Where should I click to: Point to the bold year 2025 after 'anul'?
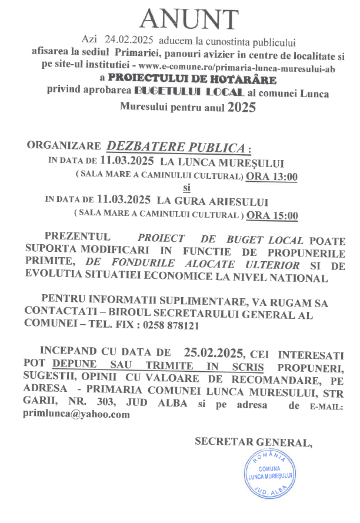click(242, 107)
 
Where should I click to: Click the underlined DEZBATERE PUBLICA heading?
click(178, 147)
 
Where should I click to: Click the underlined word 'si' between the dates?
click(187, 188)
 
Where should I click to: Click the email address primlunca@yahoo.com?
click(76, 414)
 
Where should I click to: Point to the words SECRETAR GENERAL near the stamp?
click(253, 442)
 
